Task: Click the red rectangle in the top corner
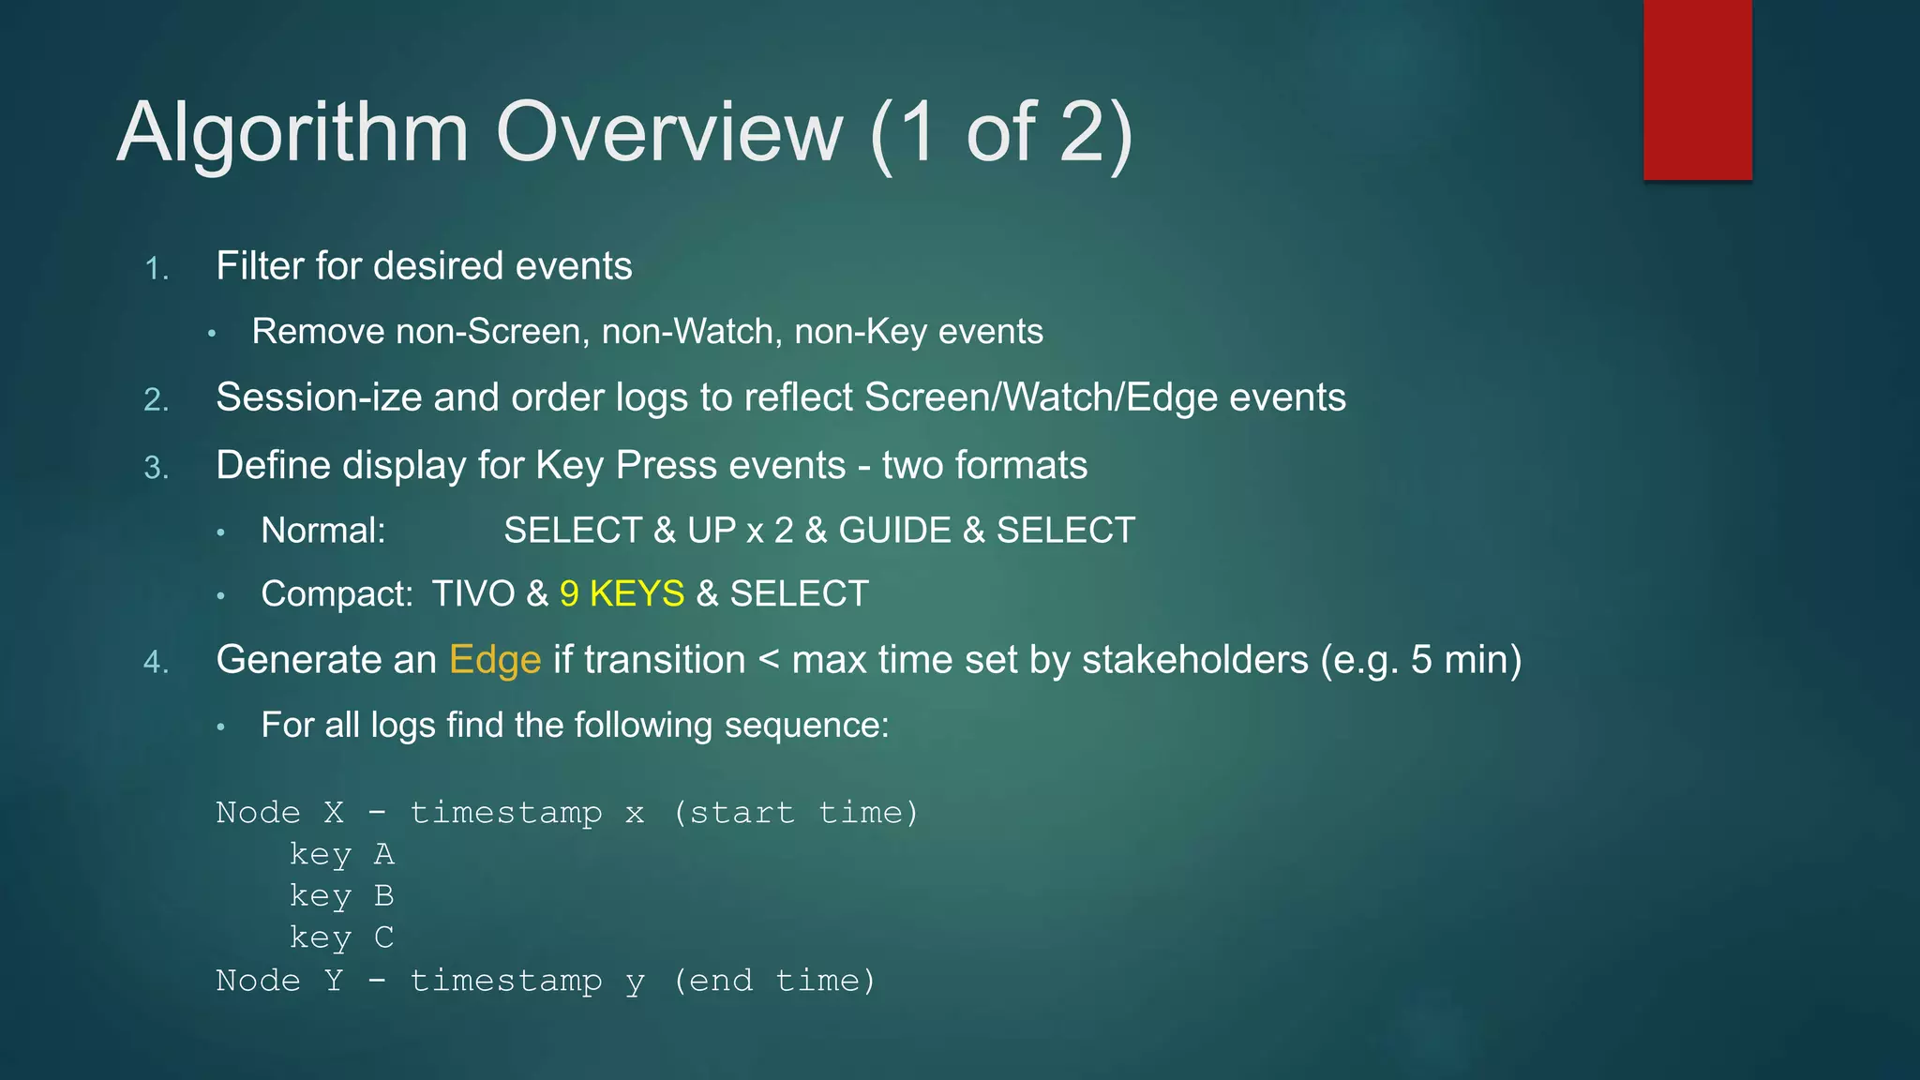pyautogui.click(x=1697, y=90)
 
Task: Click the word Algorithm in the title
pyautogui.click(x=292, y=133)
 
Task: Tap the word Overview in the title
pyautogui.click(x=668, y=133)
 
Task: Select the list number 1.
pyautogui.click(x=157, y=270)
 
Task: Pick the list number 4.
pyautogui.click(x=157, y=663)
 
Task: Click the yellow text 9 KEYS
pyautogui.click(x=622, y=594)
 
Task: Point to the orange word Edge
pyautogui.click(x=495, y=660)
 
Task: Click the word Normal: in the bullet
pyautogui.click(x=323, y=531)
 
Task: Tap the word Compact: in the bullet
pyautogui.click(x=337, y=594)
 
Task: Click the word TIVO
pyautogui.click(x=473, y=594)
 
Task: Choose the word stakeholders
pyautogui.click(x=1194, y=660)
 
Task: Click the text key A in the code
pyautogui.click(x=341, y=854)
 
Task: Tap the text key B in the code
pyautogui.click(x=341, y=896)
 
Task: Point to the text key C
pyautogui.click(x=341, y=937)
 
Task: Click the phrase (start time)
pyautogui.click(x=795, y=813)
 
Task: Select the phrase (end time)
pyautogui.click(x=773, y=981)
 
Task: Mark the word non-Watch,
pyautogui.click(x=692, y=332)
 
